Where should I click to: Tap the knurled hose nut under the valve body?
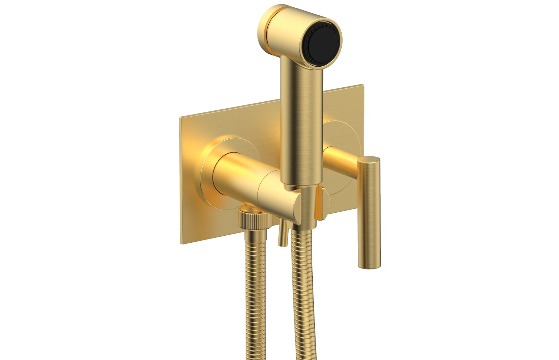point(255,220)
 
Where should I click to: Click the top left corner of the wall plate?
point(180,118)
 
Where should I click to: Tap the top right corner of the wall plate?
point(363,86)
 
